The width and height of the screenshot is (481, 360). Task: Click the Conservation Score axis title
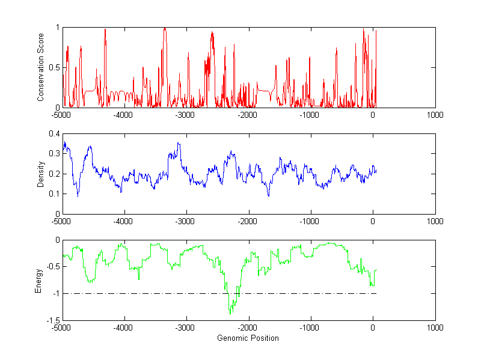pos(41,67)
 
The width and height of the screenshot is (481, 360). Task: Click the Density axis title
pos(41,174)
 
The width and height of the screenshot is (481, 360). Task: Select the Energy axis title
pos(38,280)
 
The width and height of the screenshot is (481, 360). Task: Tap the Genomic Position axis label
pos(248,338)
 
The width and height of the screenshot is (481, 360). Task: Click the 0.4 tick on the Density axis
pos(54,133)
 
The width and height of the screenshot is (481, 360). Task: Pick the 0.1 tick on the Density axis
pos(54,194)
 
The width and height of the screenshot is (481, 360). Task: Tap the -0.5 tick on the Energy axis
pos(52,267)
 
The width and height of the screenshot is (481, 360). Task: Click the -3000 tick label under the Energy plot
pos(185,328)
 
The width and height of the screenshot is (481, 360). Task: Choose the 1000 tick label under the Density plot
pos(435,221)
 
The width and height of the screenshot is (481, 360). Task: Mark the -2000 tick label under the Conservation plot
pos(248,115)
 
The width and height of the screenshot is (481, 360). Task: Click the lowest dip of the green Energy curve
pos(230,313)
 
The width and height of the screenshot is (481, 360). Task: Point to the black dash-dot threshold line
pos(301,293)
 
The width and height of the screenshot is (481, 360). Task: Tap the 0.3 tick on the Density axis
pos(54,153)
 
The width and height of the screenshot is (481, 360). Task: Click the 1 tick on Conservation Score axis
pos(57,27)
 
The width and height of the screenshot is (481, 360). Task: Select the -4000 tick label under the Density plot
pos(123,221)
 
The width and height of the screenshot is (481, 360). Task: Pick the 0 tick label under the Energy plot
pos(373,328)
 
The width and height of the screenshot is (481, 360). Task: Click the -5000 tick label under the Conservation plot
pos(61,115)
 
